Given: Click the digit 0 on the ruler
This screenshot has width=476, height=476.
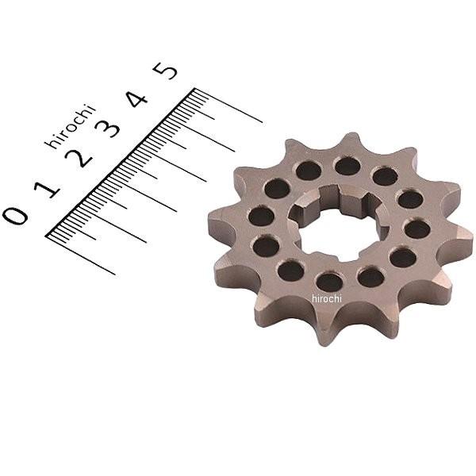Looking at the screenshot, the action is point(15,216).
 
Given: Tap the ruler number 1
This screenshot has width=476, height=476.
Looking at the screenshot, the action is point(48,186).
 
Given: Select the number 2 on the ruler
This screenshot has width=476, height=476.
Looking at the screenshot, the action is point(78,158).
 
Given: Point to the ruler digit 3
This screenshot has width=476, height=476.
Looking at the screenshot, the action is point(106,128).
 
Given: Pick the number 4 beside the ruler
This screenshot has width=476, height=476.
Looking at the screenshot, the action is point(136,99).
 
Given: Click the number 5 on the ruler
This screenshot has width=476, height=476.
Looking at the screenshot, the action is point(165,71).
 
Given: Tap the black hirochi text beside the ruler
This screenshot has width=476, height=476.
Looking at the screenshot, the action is point(70,126).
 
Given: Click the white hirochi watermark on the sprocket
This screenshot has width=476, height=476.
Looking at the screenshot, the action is point(327,299).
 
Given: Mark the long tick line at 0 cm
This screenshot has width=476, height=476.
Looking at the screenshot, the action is point(80,255).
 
